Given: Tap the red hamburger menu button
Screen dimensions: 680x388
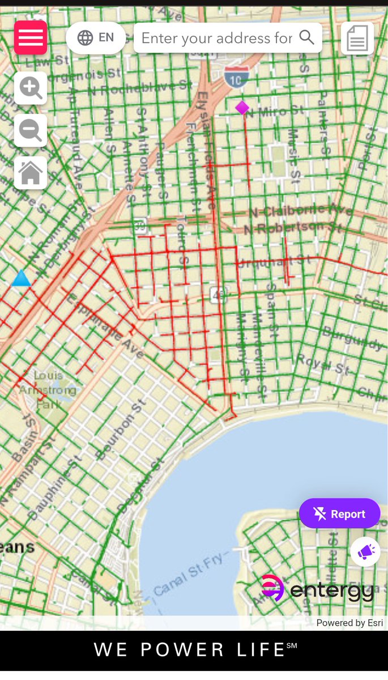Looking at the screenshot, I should pyautogui.click(x=31, y=37).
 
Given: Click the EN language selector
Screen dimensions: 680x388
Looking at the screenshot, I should pyautogui.click(x=96, y=38).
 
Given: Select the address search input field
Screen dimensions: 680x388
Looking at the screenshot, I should pyautogui.click(x=216, y=38).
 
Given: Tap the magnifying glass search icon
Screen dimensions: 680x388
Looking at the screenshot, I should pyautogui.click(x=307, y=37).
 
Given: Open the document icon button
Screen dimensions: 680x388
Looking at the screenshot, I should pyautogui.click(x=357, y=39).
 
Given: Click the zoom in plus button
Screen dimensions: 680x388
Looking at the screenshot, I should pyautogui.click(x=31, y=88).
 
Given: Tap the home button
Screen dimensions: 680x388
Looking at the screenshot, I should pyautogui.click(x=31, y=173).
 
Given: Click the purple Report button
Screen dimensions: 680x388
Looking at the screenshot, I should pyautogui.click(x=339, y=513).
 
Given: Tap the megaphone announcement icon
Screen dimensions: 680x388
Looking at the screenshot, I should pyautogui.click(x=365, y=551).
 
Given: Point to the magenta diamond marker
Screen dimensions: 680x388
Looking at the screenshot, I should pyautogui.click(x=242, y=108).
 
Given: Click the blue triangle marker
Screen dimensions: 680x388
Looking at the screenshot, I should pyautogui.click(x=22, y=278).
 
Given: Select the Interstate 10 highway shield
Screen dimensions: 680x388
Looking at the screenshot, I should pyautogui.click(x=236, y=78).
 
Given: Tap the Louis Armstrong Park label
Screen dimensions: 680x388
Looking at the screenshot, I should pyautogui.click(x=48, y=390).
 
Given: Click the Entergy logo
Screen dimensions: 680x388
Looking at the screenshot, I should pyautogui.click(x=317, y=589).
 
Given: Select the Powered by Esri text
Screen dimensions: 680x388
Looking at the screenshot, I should pyautogui.click(x=349, y=623).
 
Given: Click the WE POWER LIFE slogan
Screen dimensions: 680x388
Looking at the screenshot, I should pyautogui.click(x=195, y=649).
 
